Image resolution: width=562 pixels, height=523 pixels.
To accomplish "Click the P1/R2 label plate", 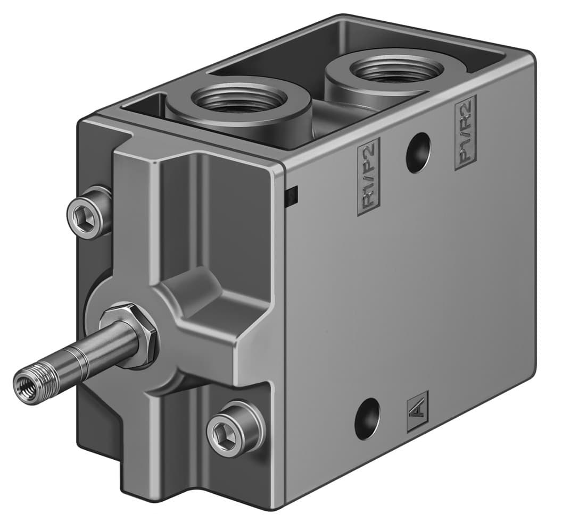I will coord(466,133).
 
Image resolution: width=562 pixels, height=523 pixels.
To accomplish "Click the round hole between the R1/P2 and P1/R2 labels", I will coord(418,153).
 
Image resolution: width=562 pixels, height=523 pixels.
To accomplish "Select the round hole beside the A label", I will coord(367,419).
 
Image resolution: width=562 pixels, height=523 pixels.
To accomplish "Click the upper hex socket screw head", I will coord(87,214).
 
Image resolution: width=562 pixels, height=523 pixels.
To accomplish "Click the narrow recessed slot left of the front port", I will coord(143,106).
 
